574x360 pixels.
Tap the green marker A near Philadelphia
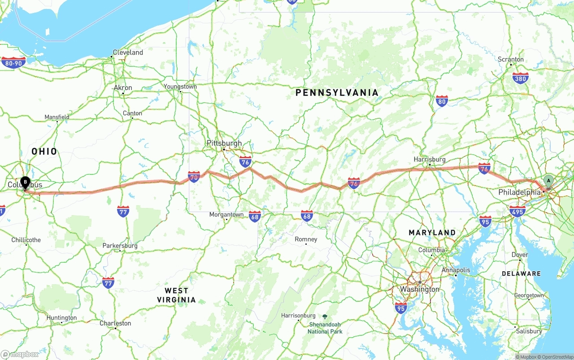coord(548,181)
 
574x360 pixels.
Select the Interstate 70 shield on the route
coord(194,176)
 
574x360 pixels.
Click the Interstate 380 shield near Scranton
coord(520,78)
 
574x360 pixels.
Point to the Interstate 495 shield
coord(517,211)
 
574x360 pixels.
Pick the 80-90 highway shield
coord(13,62)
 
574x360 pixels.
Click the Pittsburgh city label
coord(224,143)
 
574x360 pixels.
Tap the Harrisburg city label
coord(429,159)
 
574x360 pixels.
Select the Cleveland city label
coord(128,52)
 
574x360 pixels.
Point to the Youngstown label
coord(180,87)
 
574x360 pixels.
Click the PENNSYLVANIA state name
coord(337,93)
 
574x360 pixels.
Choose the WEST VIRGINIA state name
coord(176,295)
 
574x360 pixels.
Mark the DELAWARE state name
coord(521,273)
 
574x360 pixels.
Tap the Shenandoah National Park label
coord(325,328)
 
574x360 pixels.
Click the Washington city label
coord(420,289)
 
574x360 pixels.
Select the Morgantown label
coord(226,215)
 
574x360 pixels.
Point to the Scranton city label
coord(510,59)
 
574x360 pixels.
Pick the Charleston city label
coord(115,323)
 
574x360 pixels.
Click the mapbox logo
coord(20,354)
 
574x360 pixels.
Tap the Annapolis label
coord(456,270)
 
